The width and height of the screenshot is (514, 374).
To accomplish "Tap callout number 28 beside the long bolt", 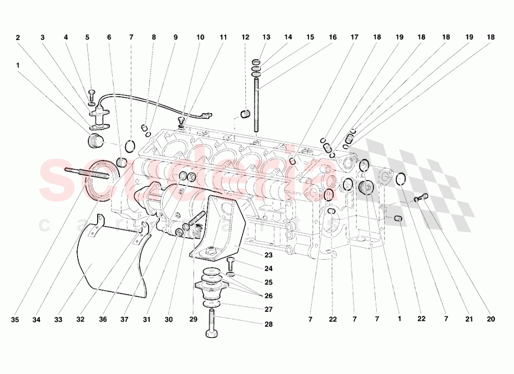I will [269, 325].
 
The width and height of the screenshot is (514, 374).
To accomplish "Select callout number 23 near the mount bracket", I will [269, 255].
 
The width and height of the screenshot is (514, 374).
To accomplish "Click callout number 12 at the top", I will [245, 38].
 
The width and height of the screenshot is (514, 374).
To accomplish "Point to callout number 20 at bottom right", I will [491, 319].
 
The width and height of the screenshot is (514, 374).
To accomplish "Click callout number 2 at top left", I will [18, 38].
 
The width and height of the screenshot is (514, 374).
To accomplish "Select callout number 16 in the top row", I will [333, 38].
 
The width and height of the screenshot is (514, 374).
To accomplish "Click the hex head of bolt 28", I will [211, 334].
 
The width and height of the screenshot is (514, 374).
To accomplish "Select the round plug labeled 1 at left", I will [95, 141].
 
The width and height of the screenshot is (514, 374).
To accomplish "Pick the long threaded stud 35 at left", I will [85, 173].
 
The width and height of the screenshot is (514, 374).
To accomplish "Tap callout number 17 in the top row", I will [355, 38].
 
